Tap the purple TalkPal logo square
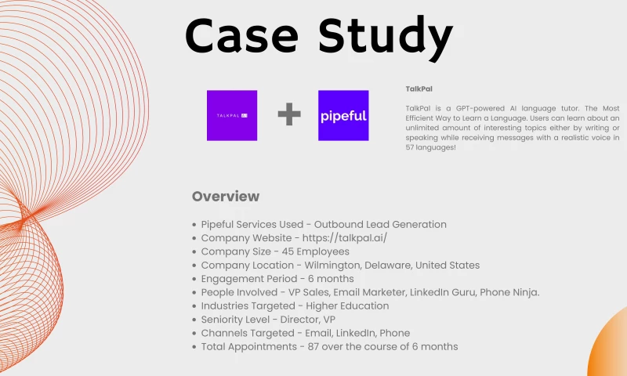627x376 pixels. click(x=232, y=116)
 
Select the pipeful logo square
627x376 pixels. click(x=343, y=116)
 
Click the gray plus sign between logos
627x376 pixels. click(x=289, y=116)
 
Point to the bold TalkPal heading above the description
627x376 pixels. click(x=419, y=89)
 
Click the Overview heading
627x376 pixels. click(x=226, y=197)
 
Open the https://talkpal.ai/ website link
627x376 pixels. click(x=346, y=238)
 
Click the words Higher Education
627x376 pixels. click(x=347, y=306)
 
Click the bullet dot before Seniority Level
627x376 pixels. click(x=194, y=320)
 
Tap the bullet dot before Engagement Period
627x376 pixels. click(x=194, y=280)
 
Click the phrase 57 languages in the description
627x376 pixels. click(x=429, y=147)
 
